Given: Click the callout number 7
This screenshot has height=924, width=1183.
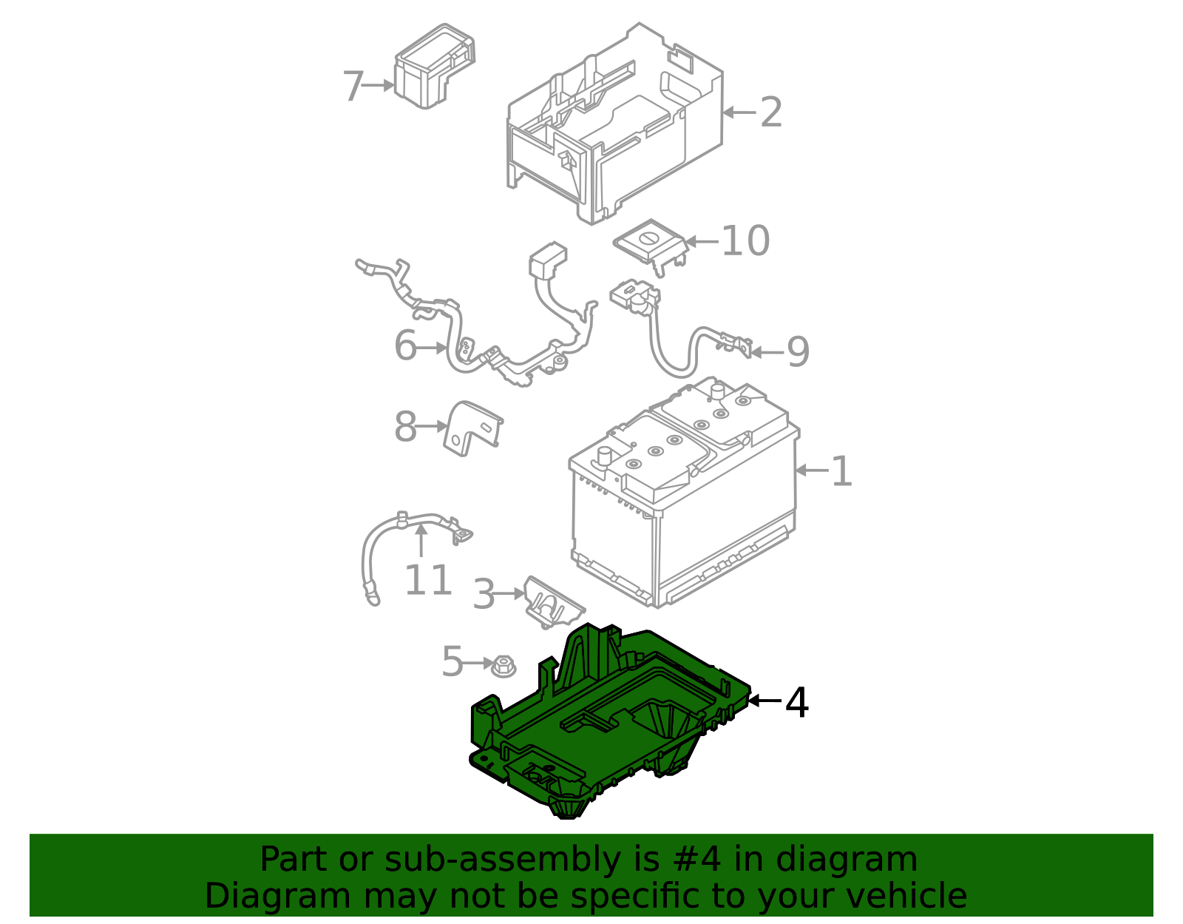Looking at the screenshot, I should [353, 87].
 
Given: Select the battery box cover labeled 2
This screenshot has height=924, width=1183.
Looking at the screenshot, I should [614, 126].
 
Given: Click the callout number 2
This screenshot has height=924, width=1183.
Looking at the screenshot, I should [771, 112].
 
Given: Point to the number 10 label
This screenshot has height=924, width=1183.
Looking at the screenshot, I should [745, 241].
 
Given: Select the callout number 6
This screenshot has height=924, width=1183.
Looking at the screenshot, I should [405, 346].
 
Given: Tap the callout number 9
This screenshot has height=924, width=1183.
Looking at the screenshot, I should [798, 352].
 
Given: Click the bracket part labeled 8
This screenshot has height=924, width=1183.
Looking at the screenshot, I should [472, 428].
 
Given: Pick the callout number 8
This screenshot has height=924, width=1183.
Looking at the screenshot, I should [405, 427].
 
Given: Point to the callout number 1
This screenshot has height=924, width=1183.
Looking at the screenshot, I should [841, 471].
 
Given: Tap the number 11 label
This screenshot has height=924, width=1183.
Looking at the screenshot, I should [428, 581].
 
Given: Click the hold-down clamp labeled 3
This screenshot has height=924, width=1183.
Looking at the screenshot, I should [551, 602].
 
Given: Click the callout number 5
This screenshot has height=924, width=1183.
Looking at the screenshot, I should [452, 661].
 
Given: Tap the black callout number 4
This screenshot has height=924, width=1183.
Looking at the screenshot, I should [796, 702].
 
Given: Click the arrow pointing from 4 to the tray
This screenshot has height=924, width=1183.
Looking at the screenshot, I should [765, 700].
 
